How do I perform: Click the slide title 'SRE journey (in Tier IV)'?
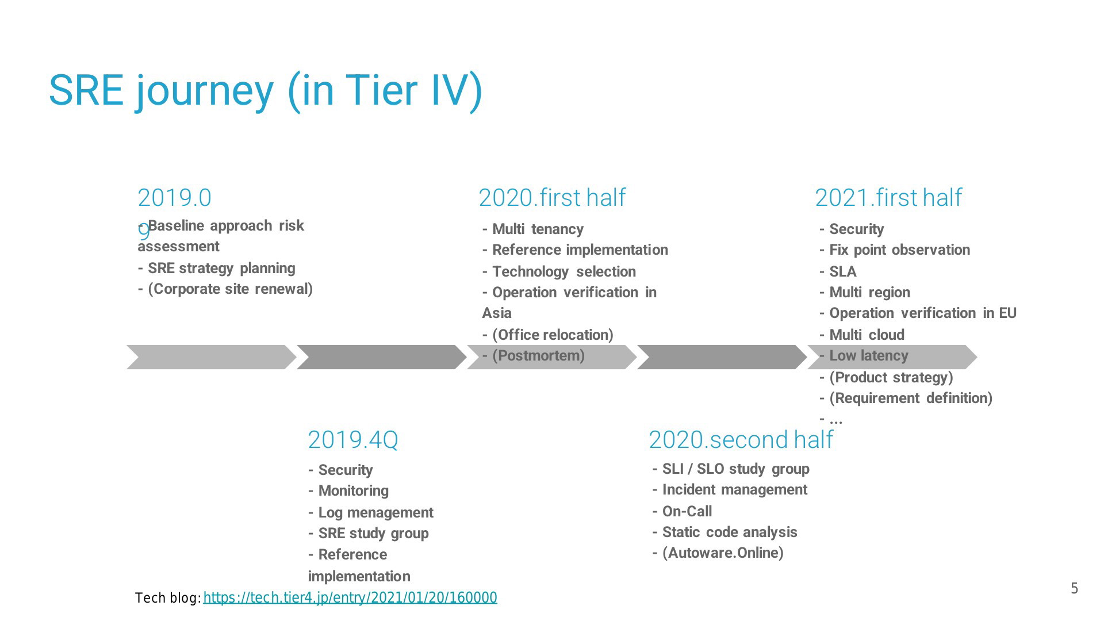point(266,91)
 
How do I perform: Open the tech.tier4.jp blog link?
point(350,598)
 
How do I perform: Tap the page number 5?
point(1074,588)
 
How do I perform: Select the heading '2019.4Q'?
point(353,440)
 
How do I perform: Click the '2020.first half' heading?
point(552,198)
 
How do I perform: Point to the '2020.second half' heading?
point(741,440)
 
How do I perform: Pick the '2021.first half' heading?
point(888,198)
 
